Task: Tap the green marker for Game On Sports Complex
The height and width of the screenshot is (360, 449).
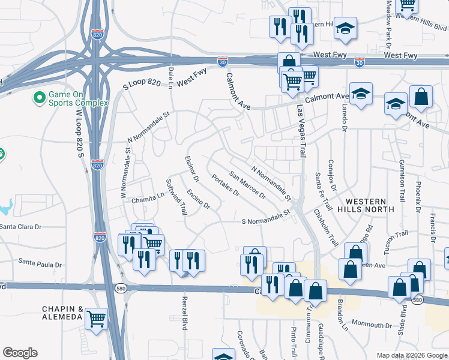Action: [40, 97]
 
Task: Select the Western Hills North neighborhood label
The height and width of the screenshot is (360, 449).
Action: [366, 205]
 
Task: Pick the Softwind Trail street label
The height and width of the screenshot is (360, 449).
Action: [176, 197]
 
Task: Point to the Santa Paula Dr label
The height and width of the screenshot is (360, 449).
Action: [40, 263]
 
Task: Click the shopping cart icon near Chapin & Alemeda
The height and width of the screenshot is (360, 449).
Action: [95, 319]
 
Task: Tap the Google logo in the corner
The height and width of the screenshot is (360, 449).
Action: [20, 353]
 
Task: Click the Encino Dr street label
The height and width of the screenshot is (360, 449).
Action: [198, 199]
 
